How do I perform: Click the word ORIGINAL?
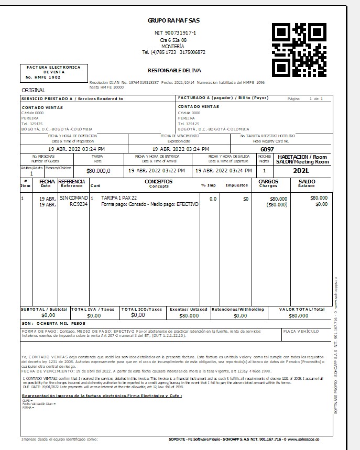point(33,90)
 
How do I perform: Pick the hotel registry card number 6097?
point(267,149)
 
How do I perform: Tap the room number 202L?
point(303,171)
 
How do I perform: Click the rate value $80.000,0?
point(99,171)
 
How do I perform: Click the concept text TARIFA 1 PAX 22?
point(119,198)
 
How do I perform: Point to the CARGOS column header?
point(268,182)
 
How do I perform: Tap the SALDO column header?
point(307,182)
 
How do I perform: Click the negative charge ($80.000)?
point(277,204)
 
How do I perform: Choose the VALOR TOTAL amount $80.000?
point(299,316)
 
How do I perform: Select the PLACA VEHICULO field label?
point(301,332)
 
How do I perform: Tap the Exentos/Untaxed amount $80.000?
point(189,316)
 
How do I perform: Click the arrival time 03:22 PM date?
point(157,171)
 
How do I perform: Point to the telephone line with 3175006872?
point(173,52)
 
